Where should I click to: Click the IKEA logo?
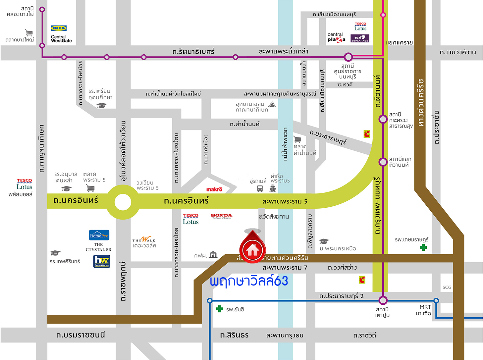(59, 28)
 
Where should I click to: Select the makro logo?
(214, 189)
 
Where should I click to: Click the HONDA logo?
(221, 216)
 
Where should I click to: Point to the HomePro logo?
(99, 235)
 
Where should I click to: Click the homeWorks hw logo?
(101, 261)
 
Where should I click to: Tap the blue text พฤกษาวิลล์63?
(249, 281)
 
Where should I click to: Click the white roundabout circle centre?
(123, 202)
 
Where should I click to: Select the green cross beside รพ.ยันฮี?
(219, 309)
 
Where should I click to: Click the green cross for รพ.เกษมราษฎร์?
(423, 247)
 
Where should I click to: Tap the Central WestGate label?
(61, 39)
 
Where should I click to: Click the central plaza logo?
(336, 37)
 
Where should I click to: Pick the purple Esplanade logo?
(360, 38)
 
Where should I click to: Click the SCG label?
(447, 287)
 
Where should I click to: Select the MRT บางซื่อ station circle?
(436, 301)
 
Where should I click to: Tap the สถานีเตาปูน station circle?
(383, 300)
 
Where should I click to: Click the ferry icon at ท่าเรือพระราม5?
(273, 189)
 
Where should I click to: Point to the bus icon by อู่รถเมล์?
(260, 189)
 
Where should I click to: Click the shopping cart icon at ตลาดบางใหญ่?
(29, 32)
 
